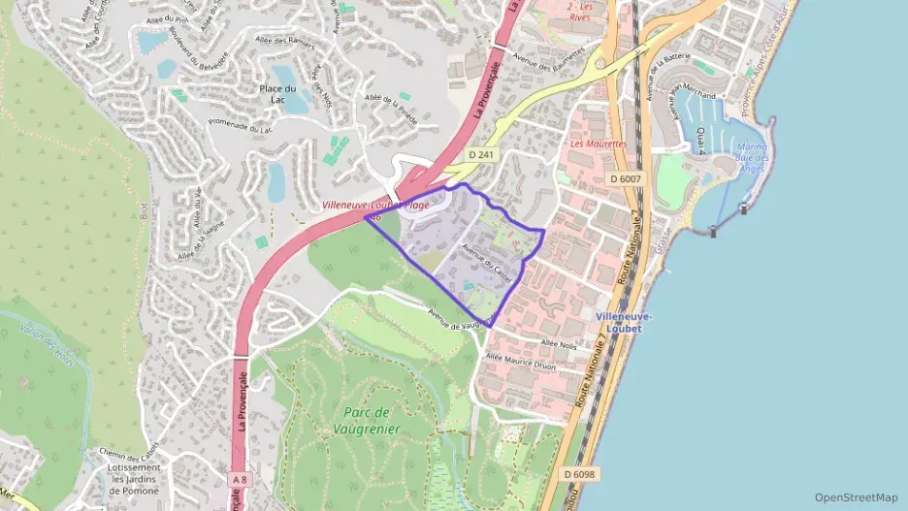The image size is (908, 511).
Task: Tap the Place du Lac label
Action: click(x=278, y=93)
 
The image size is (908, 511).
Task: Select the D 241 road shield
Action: click(x=479, y=154)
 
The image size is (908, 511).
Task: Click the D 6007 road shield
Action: click(x=628, y=178)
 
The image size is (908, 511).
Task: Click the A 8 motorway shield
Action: click(x=240, y=479)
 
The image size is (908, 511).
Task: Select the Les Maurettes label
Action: click(x=599, y=144)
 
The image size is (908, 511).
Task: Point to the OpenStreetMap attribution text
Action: click(x=857, y=497)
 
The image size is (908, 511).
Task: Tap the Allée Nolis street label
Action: click(x=559, y=344)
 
